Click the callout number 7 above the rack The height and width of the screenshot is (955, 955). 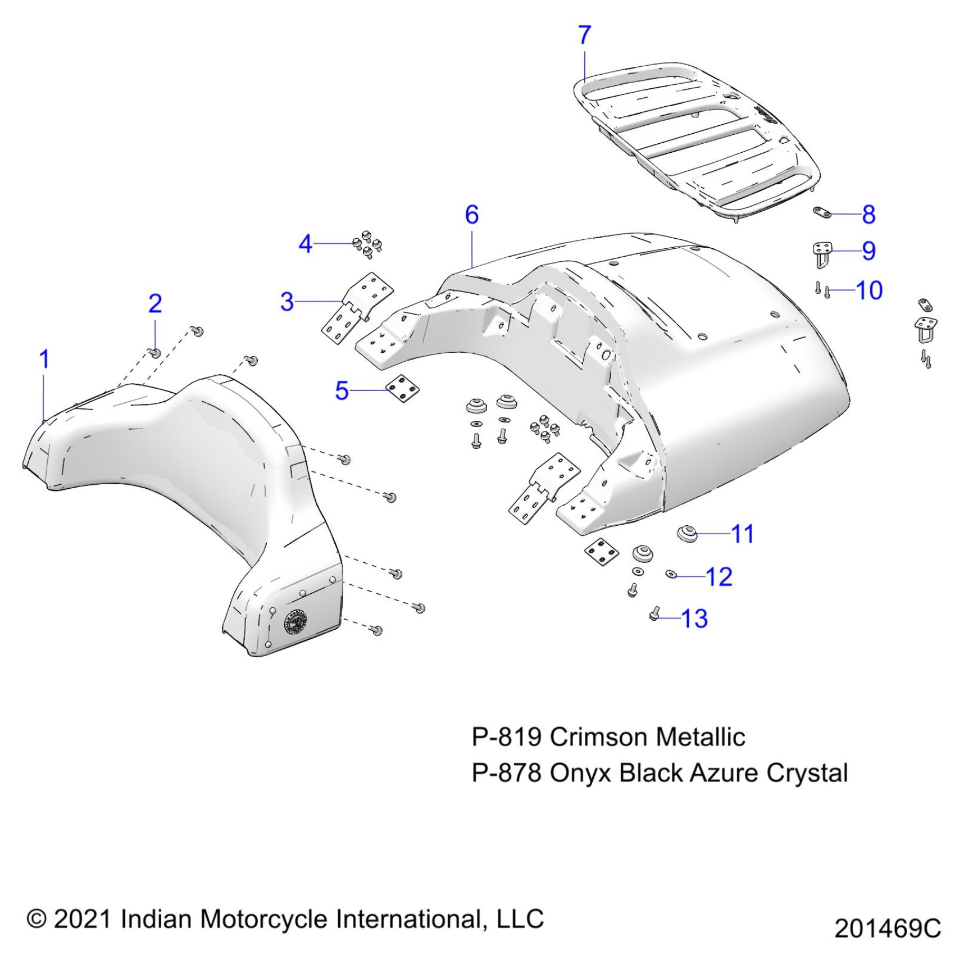coord(584,35)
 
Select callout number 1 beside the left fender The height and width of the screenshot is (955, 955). coord(44,360)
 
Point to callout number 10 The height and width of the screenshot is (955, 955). coord(868,290)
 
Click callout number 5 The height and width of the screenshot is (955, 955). coord(342,390)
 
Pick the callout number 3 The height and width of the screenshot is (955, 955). coord(287,302)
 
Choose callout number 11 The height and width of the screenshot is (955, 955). coord(742,534)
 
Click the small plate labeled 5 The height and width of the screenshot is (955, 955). coord(402,389)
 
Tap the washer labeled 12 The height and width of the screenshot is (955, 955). coord(671,574)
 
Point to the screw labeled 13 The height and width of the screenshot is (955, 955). coord(654,614)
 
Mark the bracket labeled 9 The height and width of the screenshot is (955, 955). coord(823,253)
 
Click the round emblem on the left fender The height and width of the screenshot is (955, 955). coord(296,622)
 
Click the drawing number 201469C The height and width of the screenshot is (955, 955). coord(887,928)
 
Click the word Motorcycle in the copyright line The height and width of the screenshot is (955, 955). coord(263,919)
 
